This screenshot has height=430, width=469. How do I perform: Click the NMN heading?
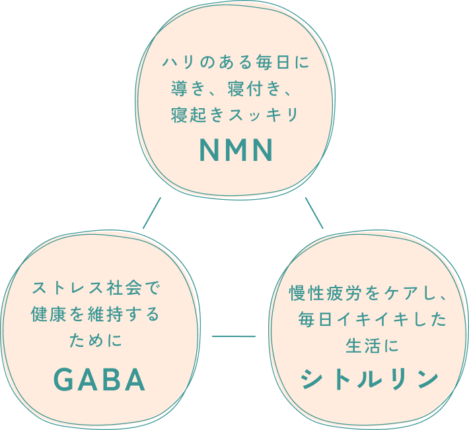click(x=236, y=150)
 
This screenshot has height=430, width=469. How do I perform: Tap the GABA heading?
click(x=98, y=379)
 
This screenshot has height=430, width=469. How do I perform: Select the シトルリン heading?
click(x=370, y=378)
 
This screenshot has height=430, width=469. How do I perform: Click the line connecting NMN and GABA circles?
click(x=151, y=212)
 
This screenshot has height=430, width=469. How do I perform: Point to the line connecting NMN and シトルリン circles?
click(x=314, y=212)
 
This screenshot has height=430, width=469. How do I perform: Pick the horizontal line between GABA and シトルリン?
click(x=233, y=336)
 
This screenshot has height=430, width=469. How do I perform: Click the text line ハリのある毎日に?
click(x=236, y=64)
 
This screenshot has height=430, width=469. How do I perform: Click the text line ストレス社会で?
click(x=96, y=288)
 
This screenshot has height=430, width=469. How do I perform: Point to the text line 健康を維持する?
click(x=96, y=315)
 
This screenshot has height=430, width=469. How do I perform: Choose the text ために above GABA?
click(x=96, y=341)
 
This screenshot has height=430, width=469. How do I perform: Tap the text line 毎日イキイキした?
click(x=372, y=320)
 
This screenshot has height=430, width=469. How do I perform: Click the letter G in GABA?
click(x=63, y=379)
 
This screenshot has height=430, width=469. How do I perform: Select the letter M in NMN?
click(x=236, y=150)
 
